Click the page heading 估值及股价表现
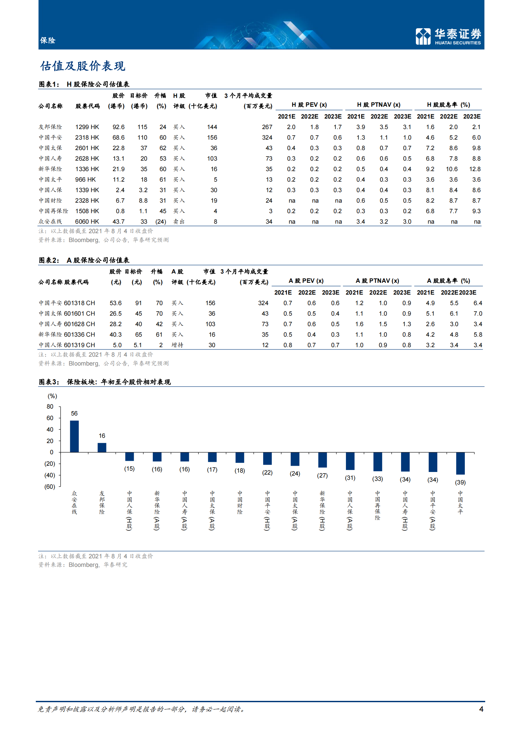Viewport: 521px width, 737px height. coord(82,66)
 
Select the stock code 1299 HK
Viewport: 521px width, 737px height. coord(87,127)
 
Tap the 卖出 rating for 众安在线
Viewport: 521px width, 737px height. coord(179,222)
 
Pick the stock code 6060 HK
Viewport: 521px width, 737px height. coord(87,222)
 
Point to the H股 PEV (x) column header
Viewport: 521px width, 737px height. coord(309,105)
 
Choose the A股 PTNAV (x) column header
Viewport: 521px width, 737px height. coord(377,281)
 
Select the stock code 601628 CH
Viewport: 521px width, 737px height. coord(79,324)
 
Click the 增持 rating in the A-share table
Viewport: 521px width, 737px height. coord(177,345)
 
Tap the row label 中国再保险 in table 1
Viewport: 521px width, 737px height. coord(54,211)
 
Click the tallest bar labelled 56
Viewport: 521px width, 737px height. coord(74,436)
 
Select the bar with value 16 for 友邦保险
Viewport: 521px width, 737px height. coord(102,447)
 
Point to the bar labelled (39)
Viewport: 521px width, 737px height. coord(460,463)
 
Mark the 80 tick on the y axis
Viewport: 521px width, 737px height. coord(50,407)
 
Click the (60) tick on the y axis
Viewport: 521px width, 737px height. coord(50,487)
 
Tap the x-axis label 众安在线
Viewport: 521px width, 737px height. coord(75,503)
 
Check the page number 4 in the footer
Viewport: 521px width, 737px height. coord(481,709)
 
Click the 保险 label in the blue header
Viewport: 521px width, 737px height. coord(48,40)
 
